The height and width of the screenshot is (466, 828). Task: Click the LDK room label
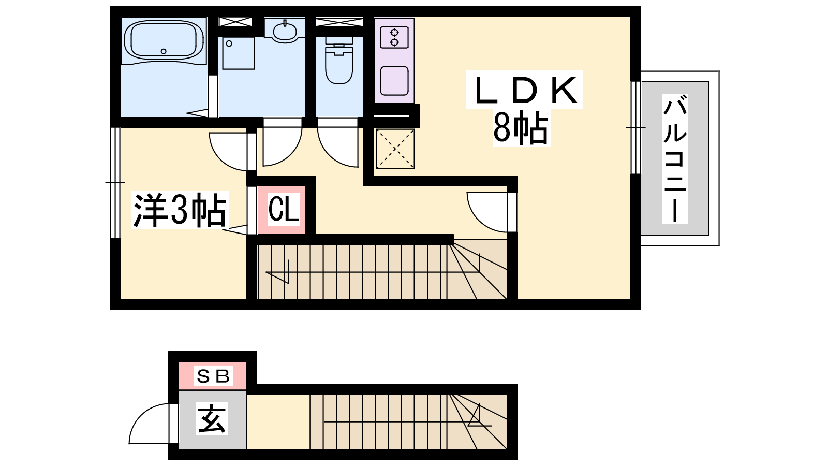pyautogui.click(x=525, y=90)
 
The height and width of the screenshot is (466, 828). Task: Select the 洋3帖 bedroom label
pyautogui.click(x=180, y=210)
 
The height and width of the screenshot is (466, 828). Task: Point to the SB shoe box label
pyautogui.click(x=214, y=376)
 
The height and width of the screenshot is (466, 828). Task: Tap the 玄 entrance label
pyautogui.click(x=212, y=418)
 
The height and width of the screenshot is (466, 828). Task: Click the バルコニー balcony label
pyautogui.click(x=675, y=158)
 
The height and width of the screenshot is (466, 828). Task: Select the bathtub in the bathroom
pyautogui.click(x=164, y=40)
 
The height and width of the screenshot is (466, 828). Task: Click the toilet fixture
pyautogui.click(x=339, y=60)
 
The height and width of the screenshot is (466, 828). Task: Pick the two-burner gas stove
pyautogui.click(x=394, y=37)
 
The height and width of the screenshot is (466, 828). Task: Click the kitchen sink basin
pyautogui.click(x=394, y=80)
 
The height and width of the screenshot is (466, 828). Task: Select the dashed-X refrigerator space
pyautogui.click(x=395, y=149)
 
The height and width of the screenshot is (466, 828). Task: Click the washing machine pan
pyautogui.click(x=239, y=53)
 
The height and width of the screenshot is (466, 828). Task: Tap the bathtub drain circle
pyautogui.click(x=164, y=51)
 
